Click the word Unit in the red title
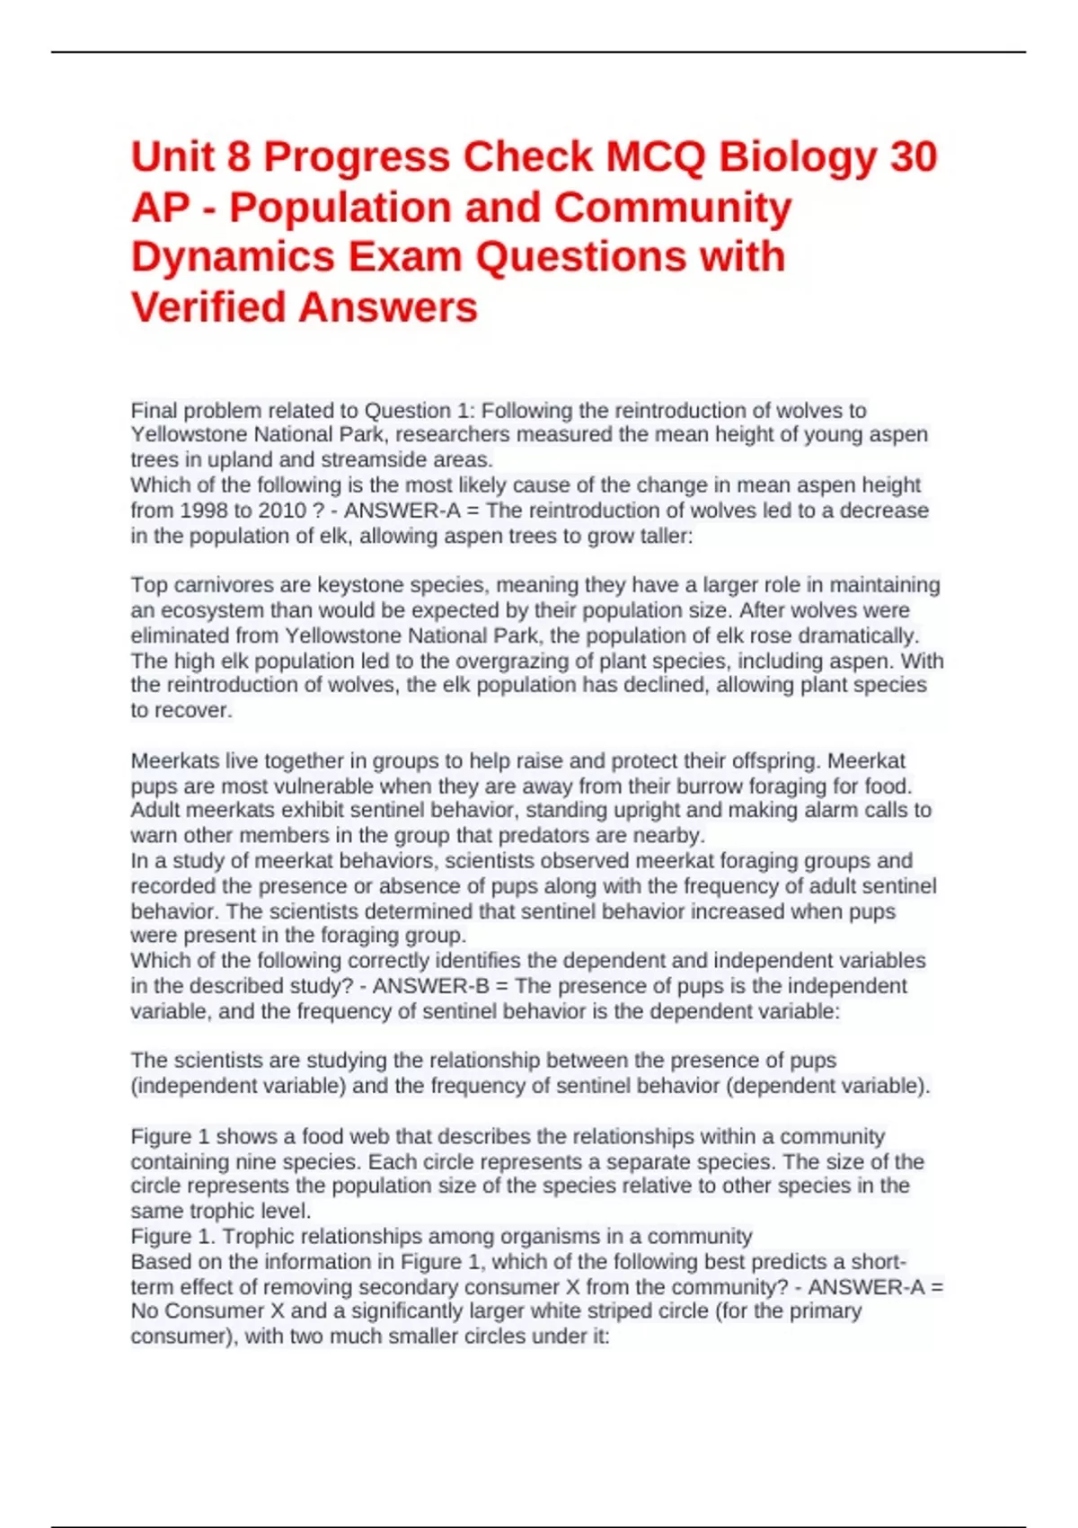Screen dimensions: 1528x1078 172,157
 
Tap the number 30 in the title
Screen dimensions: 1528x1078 914,157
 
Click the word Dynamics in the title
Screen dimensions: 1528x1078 233,257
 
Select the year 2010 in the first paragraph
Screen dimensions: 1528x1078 278,511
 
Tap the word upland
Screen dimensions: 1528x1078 240,459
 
